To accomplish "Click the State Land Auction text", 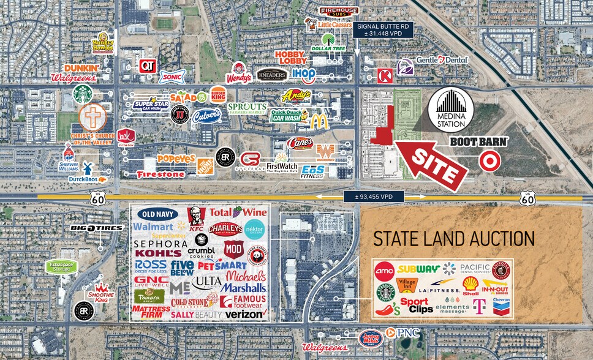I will (454, 239).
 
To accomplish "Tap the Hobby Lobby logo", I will (290, 58).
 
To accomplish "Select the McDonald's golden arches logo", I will (319, 121).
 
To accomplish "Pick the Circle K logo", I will (385, 76).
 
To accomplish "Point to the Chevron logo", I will (501, 305).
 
